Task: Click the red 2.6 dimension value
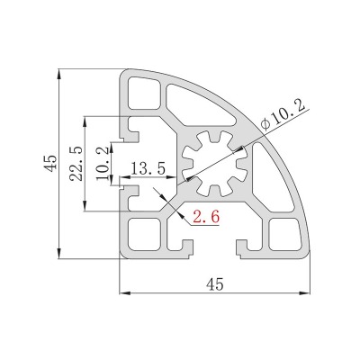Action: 206,216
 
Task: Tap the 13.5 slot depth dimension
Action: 148,168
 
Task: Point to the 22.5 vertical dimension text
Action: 76,164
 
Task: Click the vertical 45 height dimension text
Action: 50,164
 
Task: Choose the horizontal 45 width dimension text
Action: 214,284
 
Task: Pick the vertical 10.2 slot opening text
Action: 103,164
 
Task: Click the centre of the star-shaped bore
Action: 214,164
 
